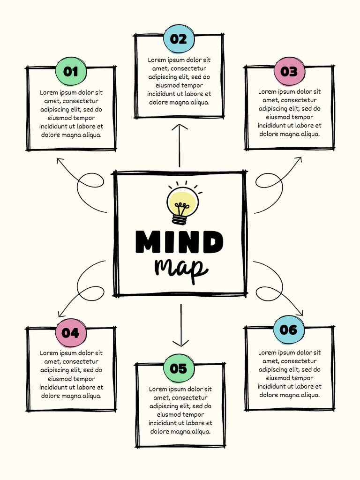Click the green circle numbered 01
(x=71, y=72)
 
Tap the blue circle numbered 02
(x=178, y=39)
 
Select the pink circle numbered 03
(x=289, y=72)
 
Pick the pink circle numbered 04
(x=71, y=333)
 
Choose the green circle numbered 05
(x=178, y=368)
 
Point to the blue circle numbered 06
(x=288, y=330)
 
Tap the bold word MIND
(x=180, y=242)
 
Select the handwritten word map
(x=180, y=269)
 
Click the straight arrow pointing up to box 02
(x=180, y=145)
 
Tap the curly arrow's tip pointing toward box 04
(x=59, y=315)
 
